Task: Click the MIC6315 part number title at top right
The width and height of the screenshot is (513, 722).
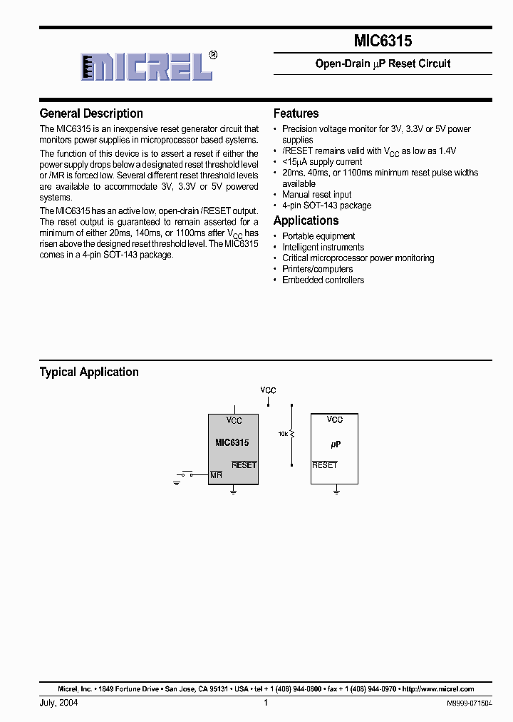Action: tap(383, 41)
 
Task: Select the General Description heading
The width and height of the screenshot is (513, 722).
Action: tap(91, 113)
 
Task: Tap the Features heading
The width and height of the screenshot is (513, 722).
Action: tap(296, 113)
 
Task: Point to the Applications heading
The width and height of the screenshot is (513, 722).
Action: tap(306, 220)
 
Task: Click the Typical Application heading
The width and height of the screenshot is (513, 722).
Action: tap(89, 372)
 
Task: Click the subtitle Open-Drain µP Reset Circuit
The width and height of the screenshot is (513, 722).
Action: tap(383, 63)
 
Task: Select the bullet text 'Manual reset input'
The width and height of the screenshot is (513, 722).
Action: tap(316, 194)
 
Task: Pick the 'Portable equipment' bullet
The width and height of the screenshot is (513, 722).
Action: tap(318, 236)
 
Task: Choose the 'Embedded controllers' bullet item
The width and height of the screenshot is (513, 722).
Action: tap(323, 280)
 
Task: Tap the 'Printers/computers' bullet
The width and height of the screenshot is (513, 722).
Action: tap(317, 269)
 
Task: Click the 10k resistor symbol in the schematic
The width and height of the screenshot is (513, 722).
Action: tap(292, 434)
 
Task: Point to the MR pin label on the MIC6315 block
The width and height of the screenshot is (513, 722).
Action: tap(216, 474)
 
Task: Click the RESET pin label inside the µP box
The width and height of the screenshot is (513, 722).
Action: tap(325, 465)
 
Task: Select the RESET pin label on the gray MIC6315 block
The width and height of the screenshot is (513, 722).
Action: tap(244, 465)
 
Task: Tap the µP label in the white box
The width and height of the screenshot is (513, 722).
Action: tap(336, 444)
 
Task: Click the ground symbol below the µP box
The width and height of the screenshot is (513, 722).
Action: tap(336, 491)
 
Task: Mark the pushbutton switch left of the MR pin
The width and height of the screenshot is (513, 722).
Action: tap(187, 474)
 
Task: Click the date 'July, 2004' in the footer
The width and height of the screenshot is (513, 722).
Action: tap(58, 703)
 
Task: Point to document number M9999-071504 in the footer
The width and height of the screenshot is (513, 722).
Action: tap(469, 703)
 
